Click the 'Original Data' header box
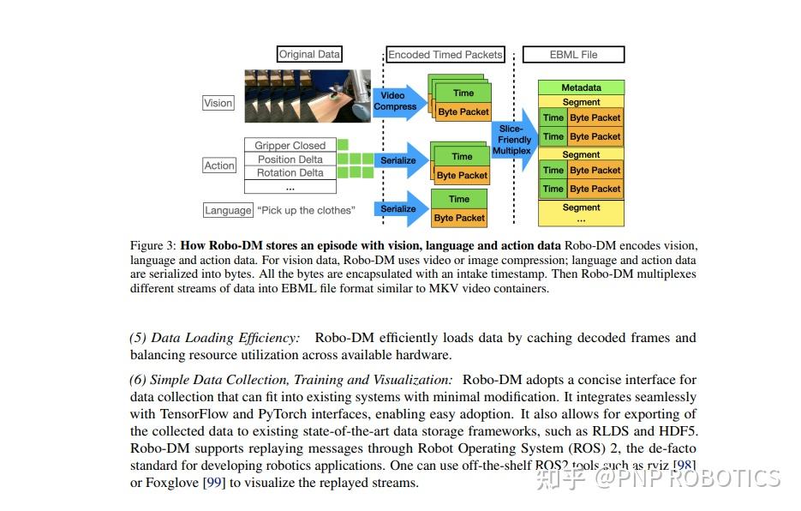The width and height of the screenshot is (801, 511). [x=309, y=54]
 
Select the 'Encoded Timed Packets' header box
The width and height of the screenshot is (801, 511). [x=445, y=54]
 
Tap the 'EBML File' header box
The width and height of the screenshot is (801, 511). [x=573, y=55]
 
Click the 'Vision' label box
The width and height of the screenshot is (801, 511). [x=218, y=103]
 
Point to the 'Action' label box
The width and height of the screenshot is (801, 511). [x=219, y=165]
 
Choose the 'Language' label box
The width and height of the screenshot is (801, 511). [x=228, y=210]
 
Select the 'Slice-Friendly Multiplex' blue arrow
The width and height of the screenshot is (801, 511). [x=513, y=139]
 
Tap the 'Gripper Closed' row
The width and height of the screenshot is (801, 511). [x=290, y=146]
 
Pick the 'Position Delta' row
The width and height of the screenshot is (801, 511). [x=290, y=159]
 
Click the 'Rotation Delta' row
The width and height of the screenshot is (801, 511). [x=290, y=172]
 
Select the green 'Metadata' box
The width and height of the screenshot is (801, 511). [x=581, y=87]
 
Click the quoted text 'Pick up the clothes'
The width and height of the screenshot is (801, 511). [x=305, y=210]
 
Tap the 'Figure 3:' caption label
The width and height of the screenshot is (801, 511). [x=153, y=245]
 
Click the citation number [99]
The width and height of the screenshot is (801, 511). [x=212, y=483]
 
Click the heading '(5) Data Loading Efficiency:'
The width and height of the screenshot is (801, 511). [x=214, y=338]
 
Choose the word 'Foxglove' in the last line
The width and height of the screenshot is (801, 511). [x=173, y=483]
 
